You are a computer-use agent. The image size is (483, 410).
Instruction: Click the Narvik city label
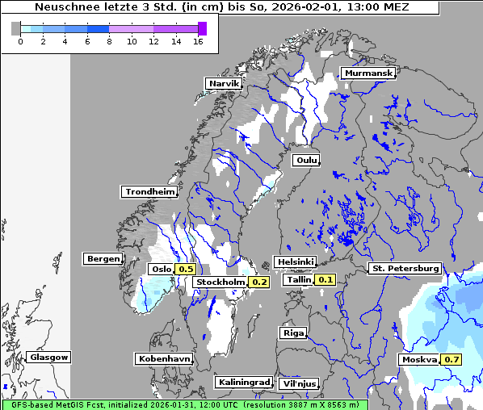224,84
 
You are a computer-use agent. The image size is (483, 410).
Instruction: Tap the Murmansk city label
368,73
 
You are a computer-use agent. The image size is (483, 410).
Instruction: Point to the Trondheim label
149,192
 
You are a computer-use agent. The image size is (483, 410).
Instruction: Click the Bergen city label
102,259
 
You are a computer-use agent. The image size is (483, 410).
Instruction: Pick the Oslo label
161,269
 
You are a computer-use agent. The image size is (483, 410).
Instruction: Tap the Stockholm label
220,282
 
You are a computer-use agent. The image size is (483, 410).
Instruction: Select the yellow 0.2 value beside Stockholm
259,282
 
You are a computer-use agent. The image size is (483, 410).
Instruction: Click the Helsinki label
295,262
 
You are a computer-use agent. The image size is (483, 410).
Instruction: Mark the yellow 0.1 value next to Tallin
325,279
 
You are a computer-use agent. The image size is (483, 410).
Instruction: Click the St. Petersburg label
404,268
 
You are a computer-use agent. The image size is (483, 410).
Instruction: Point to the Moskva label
418,359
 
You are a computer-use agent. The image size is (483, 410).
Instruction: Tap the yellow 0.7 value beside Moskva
451,359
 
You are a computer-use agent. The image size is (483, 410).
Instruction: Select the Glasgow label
48,357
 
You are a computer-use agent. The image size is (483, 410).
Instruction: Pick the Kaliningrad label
243,382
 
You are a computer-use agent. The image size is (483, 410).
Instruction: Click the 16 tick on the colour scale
198,41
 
